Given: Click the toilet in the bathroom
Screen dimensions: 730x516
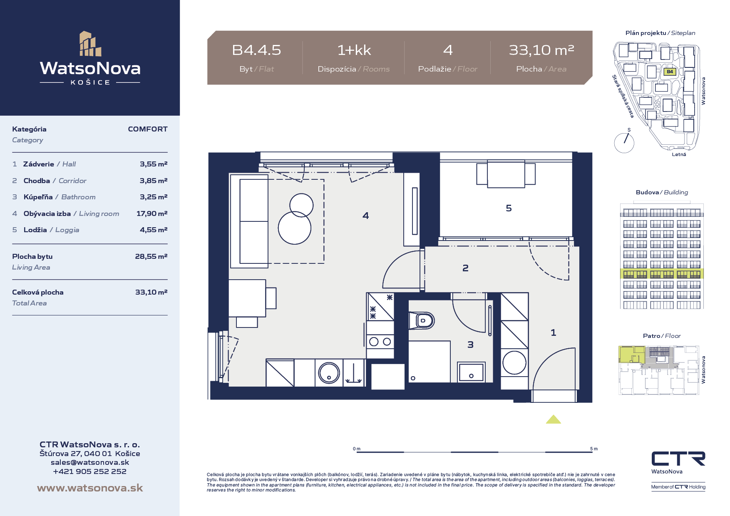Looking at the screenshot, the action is click(x=422, y=320).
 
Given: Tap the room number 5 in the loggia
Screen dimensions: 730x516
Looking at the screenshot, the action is click(x=509, y=208).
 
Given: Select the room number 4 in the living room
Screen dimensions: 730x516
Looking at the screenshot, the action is click(x=365, y=216).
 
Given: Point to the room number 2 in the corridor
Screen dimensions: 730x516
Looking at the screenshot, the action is click(x=465, y=268).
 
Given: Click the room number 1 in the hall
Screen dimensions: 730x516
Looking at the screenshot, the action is click(x=553, y=332).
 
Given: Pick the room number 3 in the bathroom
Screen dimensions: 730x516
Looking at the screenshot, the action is click(x=470, y=345).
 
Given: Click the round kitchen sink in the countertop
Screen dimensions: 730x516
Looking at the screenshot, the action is click(x=329, y=372).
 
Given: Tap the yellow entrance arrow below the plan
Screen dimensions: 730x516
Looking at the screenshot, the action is click(x=554, y=419).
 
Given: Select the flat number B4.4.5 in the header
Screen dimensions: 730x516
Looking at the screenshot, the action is click(x=256, y=50).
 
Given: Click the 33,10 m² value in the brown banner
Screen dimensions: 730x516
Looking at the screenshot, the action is click(x=541, y=50).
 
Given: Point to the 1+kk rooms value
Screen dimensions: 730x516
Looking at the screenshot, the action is click(x=354, y=50).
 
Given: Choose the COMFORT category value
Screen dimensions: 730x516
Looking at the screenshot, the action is click(x=148, y=129).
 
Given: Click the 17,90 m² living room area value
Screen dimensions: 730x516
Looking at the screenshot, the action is click(x=152, y=213).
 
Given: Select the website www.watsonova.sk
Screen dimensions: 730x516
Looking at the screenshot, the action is click(x=90, y=488).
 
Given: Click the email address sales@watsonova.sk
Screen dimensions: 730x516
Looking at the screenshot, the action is click(x=90, y=462).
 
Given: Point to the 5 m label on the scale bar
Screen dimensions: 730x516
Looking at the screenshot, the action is click(x=594, y=449).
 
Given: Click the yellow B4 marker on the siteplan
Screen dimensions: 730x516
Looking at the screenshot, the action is click(x=670, y=72).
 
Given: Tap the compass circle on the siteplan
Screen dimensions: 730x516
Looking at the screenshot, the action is click(x=624, y=143).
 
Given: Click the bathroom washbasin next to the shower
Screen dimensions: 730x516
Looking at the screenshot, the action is click(x=471, y=372).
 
